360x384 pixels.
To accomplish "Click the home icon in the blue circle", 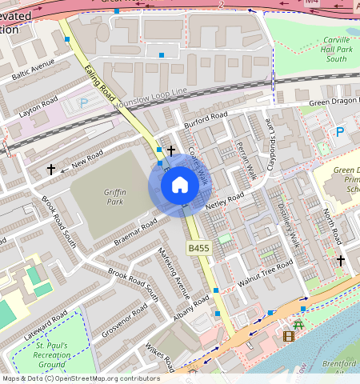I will (x=180, y=186).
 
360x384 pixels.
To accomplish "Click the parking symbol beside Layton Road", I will (x=84, y=102).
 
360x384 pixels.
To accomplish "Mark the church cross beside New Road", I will (x=51, y=170).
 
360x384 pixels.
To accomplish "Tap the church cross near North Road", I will (x=341, y=260).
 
